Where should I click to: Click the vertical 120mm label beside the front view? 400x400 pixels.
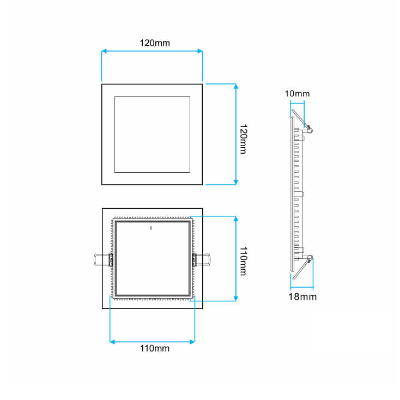click(x=244, y=139)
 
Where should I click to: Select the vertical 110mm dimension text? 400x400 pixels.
click(x=244, y=261)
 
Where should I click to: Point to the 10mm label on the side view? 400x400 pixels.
click(x=297, y=93)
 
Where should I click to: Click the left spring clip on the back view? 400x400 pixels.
click(x=101, y=259)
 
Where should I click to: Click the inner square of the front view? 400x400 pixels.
click(x=152, y=135)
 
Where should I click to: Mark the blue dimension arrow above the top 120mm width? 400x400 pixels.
click(x=152, y=52)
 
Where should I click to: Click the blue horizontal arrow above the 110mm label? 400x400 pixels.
click(x=152, y=342)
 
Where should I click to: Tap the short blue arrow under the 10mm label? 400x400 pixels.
click(x=297, y=101)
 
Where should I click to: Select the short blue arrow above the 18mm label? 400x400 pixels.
click(x=302, y=287)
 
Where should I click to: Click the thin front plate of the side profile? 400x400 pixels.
click(x=289, y=196)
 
